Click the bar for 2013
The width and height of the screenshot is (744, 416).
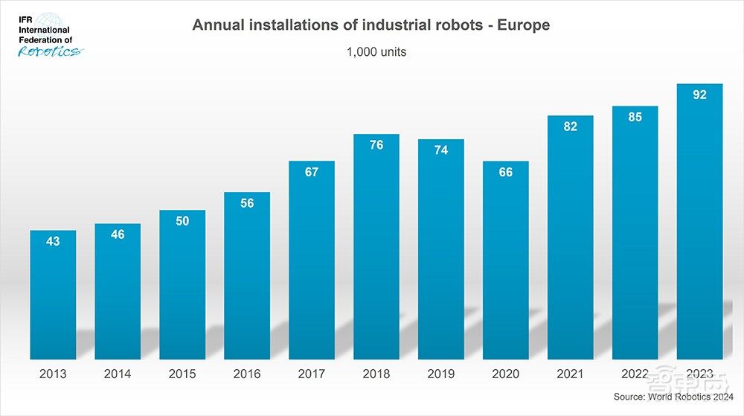click(53, 298)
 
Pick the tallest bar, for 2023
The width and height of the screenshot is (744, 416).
click(699, 223)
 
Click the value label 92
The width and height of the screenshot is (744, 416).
click(699, 95)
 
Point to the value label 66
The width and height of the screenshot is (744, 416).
click(506, 172)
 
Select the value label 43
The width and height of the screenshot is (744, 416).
click(53, 241)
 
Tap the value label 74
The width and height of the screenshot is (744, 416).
click(441, 150)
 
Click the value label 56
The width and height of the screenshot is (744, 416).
click(247, 203)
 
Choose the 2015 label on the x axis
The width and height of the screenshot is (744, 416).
click(182, 374)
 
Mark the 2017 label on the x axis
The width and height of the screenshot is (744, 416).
click(312, 374)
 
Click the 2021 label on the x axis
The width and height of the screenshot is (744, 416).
click(571, 374)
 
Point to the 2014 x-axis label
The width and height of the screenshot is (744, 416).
click(118, 374)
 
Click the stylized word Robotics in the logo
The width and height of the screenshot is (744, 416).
click(49, 51)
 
